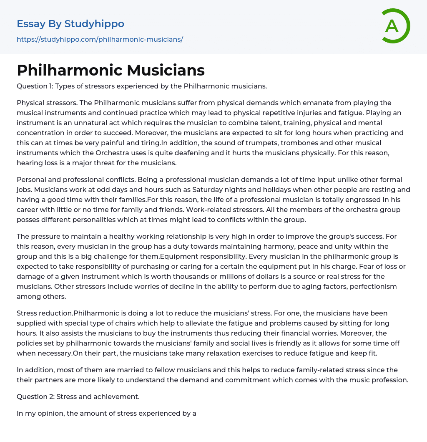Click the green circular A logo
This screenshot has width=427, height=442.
[x=394, y=26]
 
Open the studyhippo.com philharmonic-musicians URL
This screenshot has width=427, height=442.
[x=100, y=39]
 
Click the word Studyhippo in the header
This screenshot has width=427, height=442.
[x=94, y=24]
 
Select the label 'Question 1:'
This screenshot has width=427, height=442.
[x=35, y=86]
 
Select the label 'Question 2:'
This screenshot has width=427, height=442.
[x=35, y=397]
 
